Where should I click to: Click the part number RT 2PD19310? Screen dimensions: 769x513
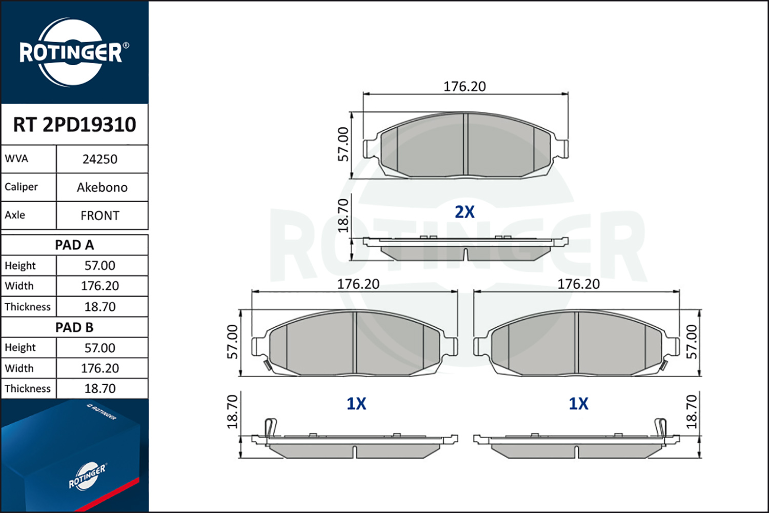click(74, 124)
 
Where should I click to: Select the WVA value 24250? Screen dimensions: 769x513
click(100, 159)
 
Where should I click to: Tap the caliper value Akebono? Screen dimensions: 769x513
click(102, 187)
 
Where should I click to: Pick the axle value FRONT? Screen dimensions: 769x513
click(100, 215)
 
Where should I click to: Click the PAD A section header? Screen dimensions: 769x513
click(74, 245)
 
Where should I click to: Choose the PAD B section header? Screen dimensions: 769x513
click(74, 327)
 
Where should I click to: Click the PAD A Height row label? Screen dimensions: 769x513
click(20, 266)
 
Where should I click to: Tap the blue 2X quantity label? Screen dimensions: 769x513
click(464, 212)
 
